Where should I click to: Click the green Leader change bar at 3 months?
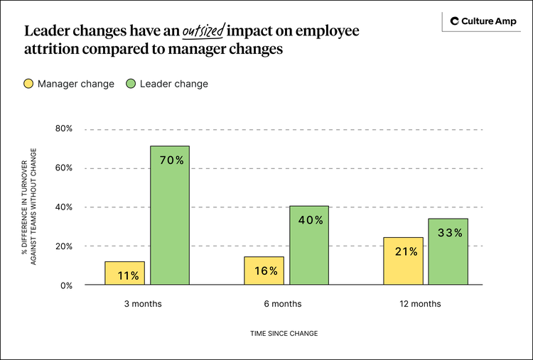coord(169,215)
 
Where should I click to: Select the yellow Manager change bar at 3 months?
coord(124,273)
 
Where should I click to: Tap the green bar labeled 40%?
coord(308,245)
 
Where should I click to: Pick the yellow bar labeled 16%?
coord(264,271)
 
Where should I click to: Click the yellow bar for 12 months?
coord(403,261)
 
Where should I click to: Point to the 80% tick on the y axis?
coord(64,129)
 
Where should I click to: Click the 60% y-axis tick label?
coord(64,168)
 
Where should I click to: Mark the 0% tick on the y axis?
coord(66,285)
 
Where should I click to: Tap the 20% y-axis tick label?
coord(64,246)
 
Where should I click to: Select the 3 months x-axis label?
coord(142,304)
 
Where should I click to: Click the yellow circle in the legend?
coord(28,84)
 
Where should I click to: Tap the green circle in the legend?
coord(131,84)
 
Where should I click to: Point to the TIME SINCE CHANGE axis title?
coord(284,333)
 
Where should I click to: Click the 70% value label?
coord(171,160)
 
